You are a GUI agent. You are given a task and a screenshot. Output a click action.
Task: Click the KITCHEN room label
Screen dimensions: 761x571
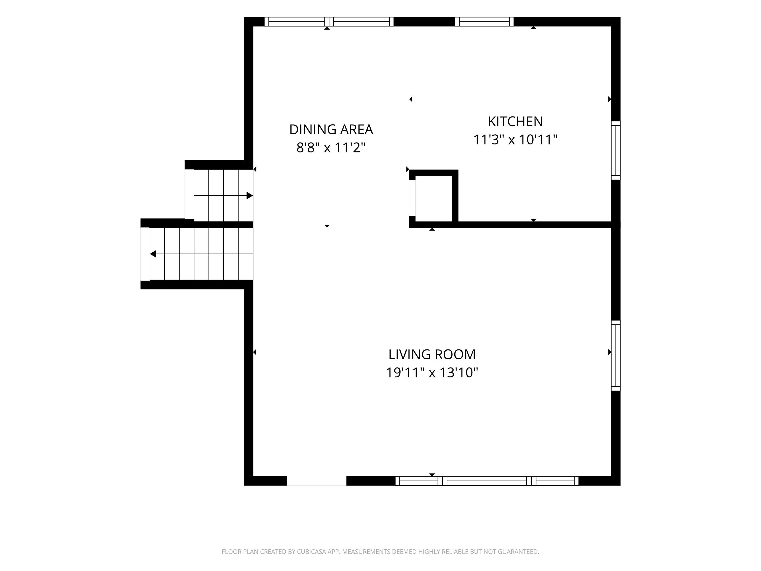pyautogui.click(x=515, y=121)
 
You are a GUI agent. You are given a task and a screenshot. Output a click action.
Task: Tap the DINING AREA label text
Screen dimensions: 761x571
pyautogui.click(x=331, y=129)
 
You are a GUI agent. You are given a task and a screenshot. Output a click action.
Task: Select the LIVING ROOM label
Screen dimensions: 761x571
pyautogui.click(x=432, y=354)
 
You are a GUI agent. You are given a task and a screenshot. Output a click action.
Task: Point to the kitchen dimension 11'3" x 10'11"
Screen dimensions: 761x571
pyautogui.click(x=515, y=140)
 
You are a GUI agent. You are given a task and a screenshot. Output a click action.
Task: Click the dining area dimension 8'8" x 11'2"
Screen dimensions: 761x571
pyautogui.click(x=331, y=148)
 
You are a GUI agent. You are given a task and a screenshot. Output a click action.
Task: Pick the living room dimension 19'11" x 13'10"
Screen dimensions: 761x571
pyautogui.click(x=432, y=372)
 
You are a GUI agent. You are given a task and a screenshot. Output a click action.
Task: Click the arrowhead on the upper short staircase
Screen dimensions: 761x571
pyautogui.click(x=250, y=196)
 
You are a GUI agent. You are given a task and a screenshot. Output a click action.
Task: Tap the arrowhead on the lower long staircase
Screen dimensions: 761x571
pyautogui.click(x=153, y=254)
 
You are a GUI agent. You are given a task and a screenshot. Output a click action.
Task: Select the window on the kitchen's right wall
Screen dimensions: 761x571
pyautogui.click(x=616, y=150)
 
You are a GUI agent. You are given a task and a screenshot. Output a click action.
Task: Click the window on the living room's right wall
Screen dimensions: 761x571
pyautogui.click(x=616, y=356)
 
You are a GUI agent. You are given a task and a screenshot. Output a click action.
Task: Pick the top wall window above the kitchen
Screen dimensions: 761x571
pyautogui.click(x=484, y=22)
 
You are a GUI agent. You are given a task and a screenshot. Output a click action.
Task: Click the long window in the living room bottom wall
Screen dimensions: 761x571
pyautogui.click(x=487, y=481)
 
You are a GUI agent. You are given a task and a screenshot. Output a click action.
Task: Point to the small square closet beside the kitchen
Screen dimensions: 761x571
pyautogui.click(x=434, y=199)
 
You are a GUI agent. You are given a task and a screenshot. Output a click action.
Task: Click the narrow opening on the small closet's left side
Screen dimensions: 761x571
pyautogui.click(x=412, y=198)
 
